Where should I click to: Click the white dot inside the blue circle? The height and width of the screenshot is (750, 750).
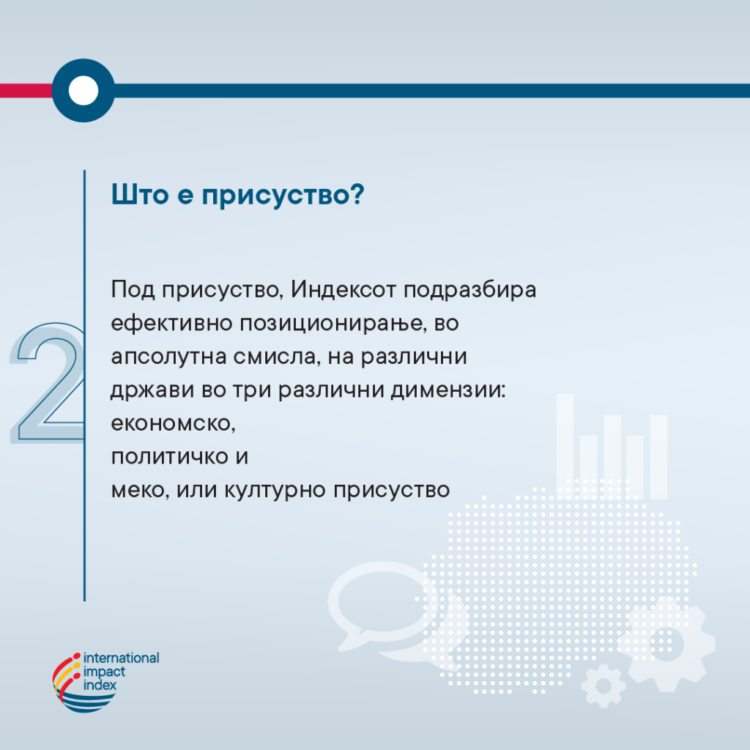(83, 90)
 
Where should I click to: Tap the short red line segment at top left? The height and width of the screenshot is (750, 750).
(26, 90)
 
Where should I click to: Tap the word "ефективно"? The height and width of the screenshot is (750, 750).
(171, 324)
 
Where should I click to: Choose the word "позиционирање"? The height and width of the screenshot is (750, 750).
(332, 324)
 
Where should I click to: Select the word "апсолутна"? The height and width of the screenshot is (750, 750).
(169, 357)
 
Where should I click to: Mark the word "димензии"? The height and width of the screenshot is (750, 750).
(448, 390)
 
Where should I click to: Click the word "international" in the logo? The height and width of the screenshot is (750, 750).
(122, 658)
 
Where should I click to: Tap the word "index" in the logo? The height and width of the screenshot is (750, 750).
(100, 685)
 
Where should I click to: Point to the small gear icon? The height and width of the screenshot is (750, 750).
(604, 686)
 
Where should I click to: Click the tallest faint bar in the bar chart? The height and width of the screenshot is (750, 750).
(565, 447)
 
